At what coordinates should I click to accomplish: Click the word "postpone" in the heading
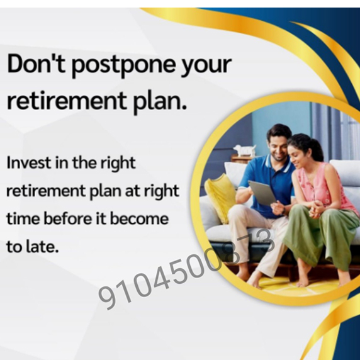pos(124,65)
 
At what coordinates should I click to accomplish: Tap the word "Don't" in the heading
pos(36,64)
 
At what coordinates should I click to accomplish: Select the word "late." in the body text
pos(42,246)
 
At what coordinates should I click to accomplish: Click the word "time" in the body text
pos(23,218)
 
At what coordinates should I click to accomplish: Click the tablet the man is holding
pos(262,193)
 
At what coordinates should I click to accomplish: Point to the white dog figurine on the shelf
pos(245,150)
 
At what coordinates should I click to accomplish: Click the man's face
pos(278,147)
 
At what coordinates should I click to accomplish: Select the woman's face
pos(297,156)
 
